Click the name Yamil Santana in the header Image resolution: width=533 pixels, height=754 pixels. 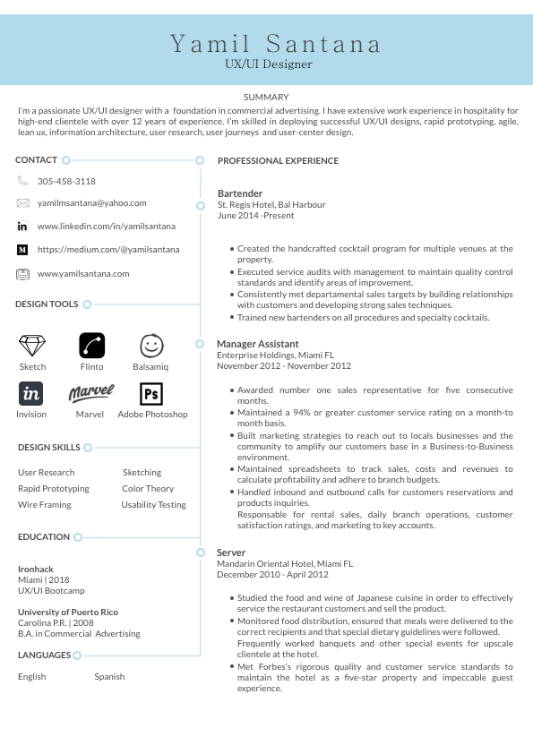click(276, 43)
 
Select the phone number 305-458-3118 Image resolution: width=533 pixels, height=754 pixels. click(66, 181)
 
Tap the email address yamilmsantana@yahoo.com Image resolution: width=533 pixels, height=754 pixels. click(91, 203)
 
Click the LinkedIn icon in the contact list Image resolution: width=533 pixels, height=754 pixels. click(22, 227)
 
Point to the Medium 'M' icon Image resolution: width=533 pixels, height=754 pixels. click(22, 249)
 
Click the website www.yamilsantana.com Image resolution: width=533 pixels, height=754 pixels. click(83, 273)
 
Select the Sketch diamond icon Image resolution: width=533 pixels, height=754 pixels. click(32, 346)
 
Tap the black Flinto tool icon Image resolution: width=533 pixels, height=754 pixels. click(91, 345)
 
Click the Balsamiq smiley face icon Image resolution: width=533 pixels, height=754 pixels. click(151, 346)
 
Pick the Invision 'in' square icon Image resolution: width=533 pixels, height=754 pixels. click(31, 393)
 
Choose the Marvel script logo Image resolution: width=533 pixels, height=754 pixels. click(90, 392)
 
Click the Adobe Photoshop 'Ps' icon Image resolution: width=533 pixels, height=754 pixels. click(151, 393)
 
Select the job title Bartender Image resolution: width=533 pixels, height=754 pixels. click(240, 193)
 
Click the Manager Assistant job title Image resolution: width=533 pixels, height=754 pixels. click(258, 344)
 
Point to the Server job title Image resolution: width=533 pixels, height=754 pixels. click(231, 553)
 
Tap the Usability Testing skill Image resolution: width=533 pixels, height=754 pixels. click(154, 504)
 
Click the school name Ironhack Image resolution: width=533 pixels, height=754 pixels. click(36, 569)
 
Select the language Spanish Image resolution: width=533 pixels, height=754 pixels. click(109, 676)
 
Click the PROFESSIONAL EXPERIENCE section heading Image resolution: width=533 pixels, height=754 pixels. click(278, 161)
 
